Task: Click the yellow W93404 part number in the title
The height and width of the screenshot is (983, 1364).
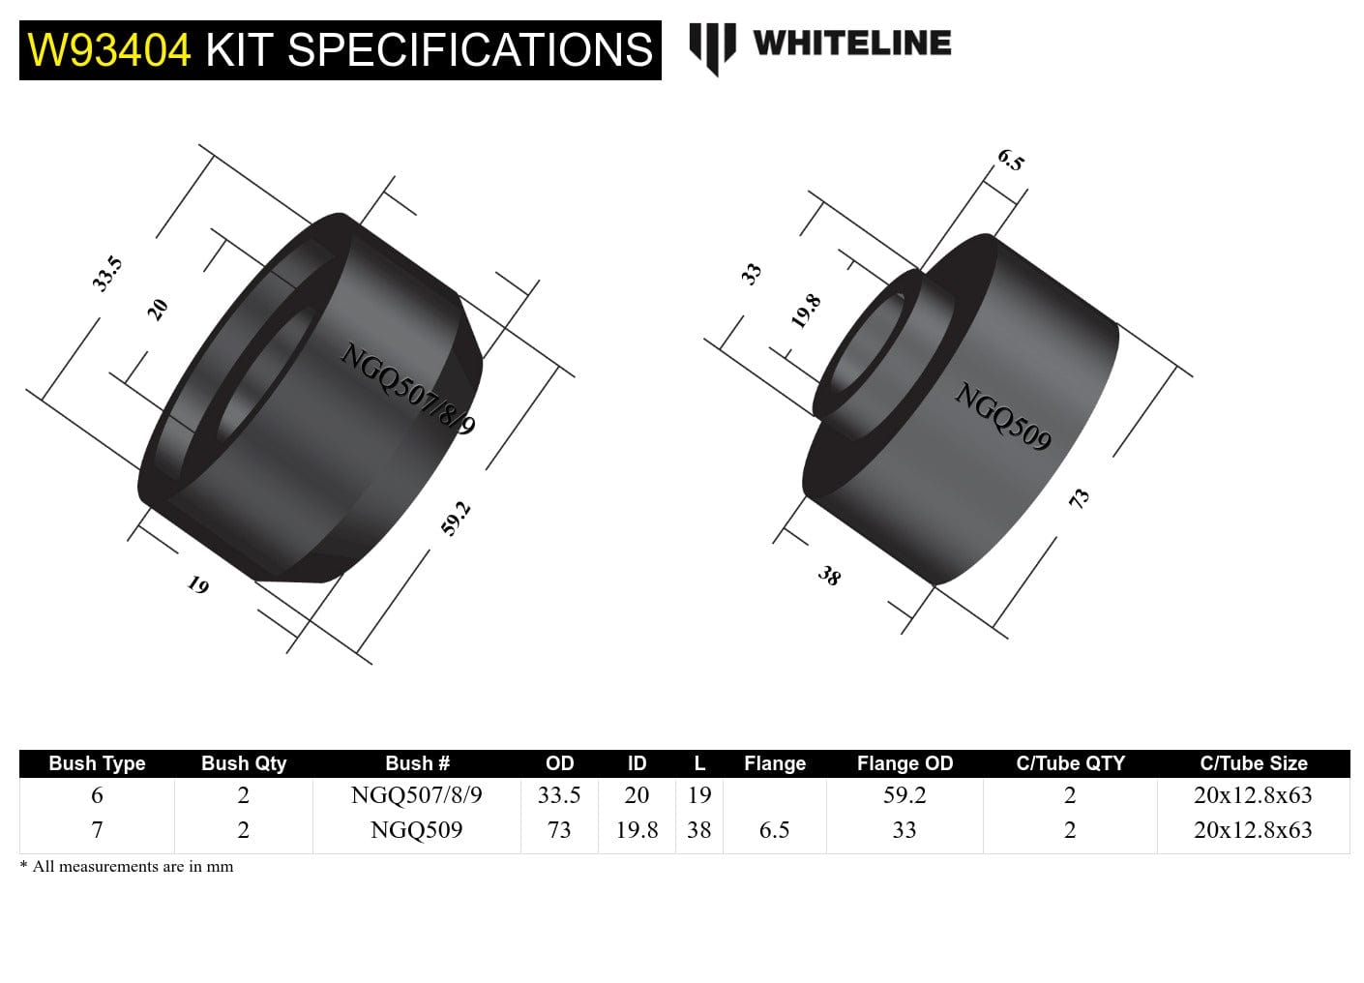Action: click(x=109, y=50)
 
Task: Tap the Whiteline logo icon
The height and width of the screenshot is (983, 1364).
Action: click(x=712, y=46)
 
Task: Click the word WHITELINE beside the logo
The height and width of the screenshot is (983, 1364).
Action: click(x=851, y=43)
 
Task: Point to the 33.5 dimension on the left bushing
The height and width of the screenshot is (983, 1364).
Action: click(x=107, y=274)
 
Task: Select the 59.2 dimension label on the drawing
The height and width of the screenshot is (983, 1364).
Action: click(x=456, y=519)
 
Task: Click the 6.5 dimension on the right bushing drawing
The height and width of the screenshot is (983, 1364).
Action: click(x=1010, y=161)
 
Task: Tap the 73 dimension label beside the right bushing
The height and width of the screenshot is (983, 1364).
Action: click(x=1079, y=498)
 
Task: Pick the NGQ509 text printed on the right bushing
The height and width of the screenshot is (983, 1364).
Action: click(x=1002, y=416)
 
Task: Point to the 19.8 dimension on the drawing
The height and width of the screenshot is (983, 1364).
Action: click(x=806, y=312)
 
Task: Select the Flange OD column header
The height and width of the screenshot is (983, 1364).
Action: click(x=904, y=763)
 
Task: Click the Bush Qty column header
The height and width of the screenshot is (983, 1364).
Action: click(x=244, y=763)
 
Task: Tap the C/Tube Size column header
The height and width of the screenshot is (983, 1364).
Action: click(x=1253, y=763)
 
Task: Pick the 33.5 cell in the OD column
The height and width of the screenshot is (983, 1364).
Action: click(x=559, y=795)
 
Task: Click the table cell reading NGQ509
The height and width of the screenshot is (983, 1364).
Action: click(x=416, y=830)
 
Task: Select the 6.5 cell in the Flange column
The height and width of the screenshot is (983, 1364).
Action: click(x=774, y=830)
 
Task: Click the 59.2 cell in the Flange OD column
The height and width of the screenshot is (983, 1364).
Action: click(x=904, y=795)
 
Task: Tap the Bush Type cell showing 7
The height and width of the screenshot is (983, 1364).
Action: click(x=97, y=830)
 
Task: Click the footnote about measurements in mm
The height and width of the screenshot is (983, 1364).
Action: click(x=127, y=867)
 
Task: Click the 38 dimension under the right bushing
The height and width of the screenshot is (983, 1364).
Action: click(x=829, y=577)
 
